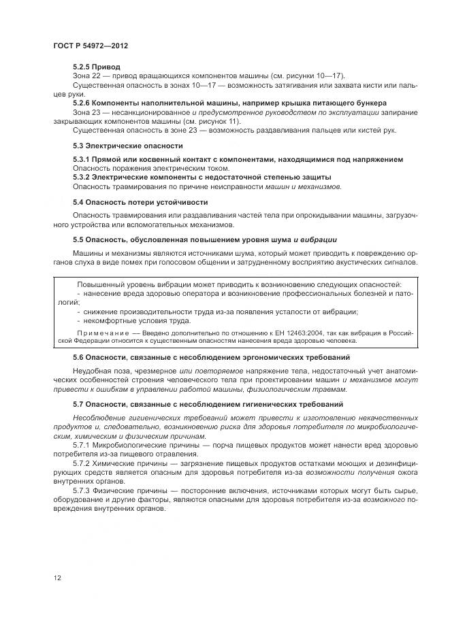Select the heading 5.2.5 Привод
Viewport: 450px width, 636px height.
point(97,67)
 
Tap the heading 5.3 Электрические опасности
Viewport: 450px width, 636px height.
point(128,146)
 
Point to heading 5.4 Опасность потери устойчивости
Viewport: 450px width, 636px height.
point(140,203)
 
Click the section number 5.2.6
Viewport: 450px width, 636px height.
point(82,103)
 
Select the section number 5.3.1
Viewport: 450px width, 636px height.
point(82,159)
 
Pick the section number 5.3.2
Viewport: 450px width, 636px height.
point(82,177)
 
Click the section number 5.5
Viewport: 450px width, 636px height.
point(79,240)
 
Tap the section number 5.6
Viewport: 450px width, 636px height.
point(79,356)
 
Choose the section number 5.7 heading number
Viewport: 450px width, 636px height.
point(79,404)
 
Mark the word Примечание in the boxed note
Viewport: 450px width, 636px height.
point(99,332)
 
